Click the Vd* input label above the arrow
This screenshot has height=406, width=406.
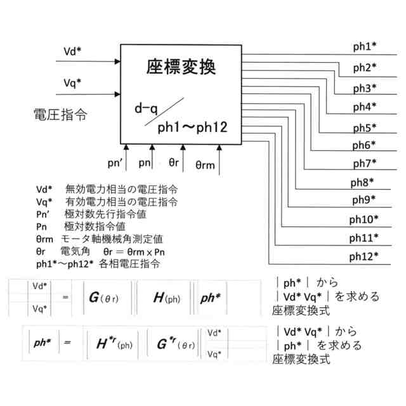click(73, 51)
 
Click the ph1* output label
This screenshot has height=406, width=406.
click(365, 46)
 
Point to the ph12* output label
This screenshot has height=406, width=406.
click(364, 256)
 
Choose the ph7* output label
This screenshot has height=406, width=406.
click(365, 163)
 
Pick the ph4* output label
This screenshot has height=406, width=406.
click(365, 106)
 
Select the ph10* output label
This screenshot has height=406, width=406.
click(364, 219)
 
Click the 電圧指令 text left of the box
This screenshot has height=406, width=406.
click(60, 115)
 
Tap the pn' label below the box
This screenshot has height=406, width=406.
click(115, 163)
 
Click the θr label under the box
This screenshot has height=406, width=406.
click(174, 162)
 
